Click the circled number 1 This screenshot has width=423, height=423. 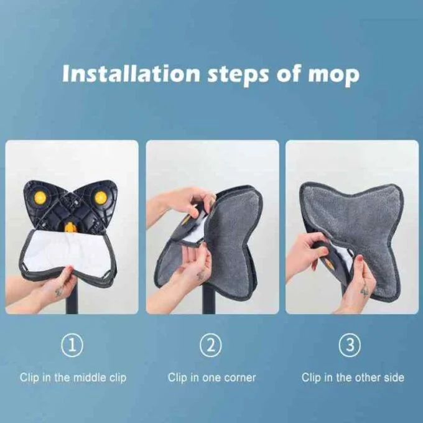(x=73, y=345)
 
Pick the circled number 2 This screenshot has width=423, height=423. (x=211, y=345)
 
